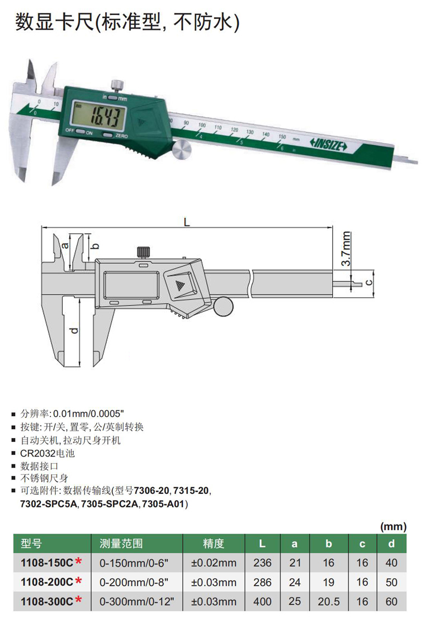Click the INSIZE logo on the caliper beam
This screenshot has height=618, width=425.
point(328,145)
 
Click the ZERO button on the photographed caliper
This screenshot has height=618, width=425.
point(107,135)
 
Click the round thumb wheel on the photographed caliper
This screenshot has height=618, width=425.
point(181,150)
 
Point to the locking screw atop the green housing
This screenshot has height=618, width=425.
point(116,85)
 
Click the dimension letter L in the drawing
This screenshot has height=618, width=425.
point(187,222)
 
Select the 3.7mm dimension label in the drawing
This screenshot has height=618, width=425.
point(346,248)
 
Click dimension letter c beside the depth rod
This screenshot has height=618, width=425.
point(369,282)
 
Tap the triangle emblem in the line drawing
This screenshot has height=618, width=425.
point(180,285)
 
